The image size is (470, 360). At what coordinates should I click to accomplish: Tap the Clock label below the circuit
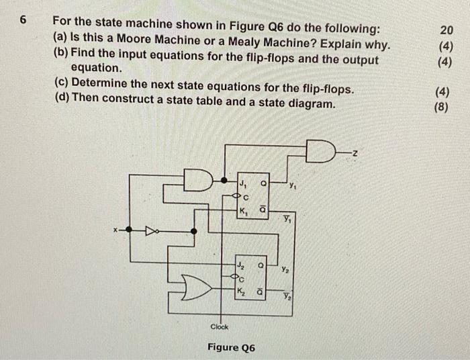click(220, 327)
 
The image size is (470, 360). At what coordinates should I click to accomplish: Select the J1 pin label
click(242, 182)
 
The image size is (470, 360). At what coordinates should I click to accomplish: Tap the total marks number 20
click(446, 30)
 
